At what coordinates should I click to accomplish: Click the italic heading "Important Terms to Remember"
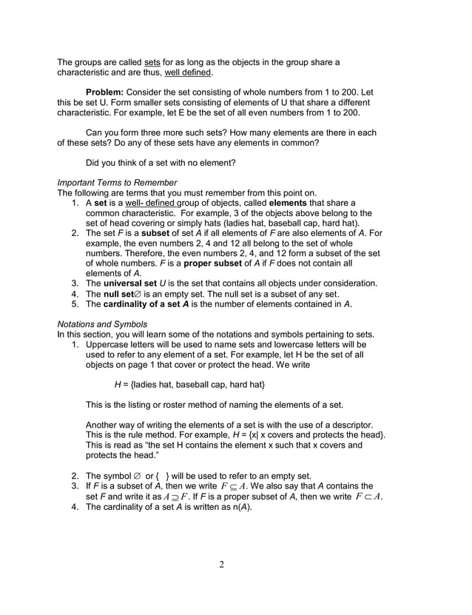116,182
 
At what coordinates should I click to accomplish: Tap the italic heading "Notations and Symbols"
102,324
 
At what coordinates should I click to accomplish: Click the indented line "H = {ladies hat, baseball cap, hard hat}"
189,385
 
